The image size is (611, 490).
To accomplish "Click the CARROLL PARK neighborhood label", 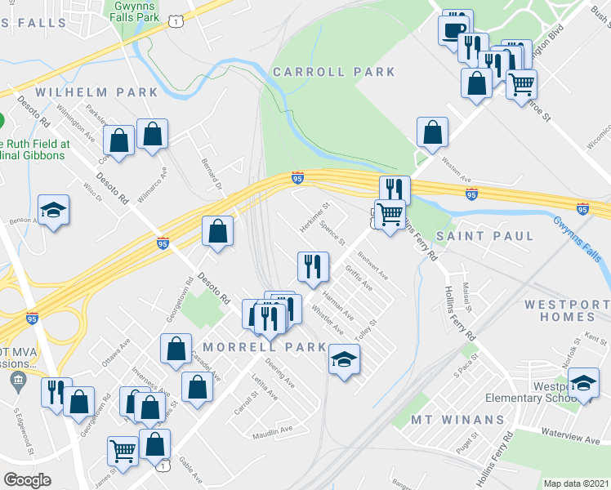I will [334, 73].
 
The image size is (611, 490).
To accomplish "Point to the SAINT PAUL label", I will [485, 236].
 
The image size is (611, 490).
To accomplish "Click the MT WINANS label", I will [460, 420].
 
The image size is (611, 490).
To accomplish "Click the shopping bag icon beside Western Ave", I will [432, 132].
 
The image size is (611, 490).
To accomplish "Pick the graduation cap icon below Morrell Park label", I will [344, 359].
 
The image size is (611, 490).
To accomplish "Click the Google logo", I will [27, 480].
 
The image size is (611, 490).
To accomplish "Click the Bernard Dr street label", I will [212, 173].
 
